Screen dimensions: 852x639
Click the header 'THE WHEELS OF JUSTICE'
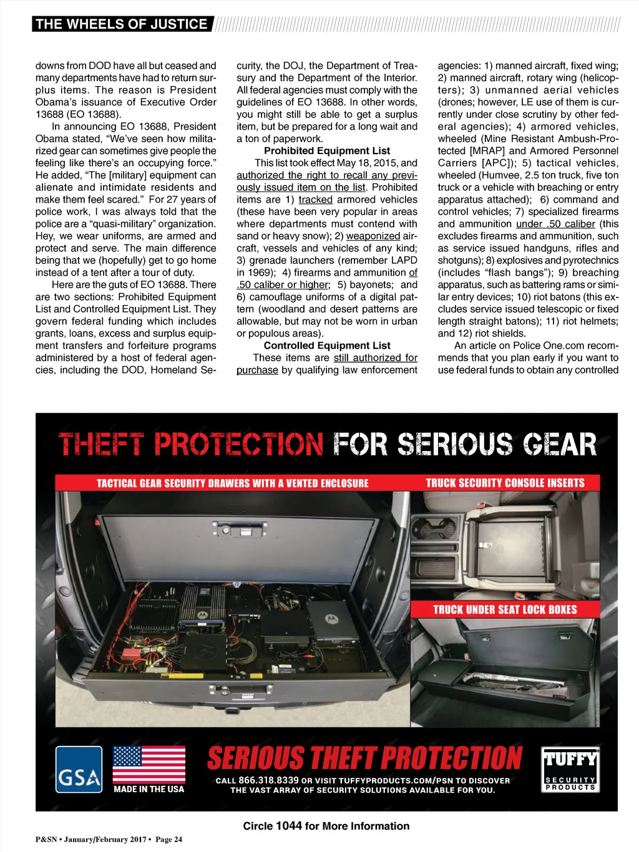coord(121,24)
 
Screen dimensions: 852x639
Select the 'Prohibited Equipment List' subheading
coord(327,151)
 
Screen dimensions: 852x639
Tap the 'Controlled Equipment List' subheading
coord(327,346)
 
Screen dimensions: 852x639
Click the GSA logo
coord(79,770)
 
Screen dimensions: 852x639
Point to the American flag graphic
coord(149,765)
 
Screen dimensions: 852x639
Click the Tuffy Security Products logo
coord(570,770)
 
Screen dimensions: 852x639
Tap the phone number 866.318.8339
coord(268,780)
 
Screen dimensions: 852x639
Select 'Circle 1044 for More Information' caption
coord(326,826)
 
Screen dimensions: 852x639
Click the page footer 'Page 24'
coord(168,840)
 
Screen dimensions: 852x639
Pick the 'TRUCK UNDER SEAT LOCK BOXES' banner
coord(505,609)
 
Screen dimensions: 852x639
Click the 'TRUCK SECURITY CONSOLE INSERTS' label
coord(505,483)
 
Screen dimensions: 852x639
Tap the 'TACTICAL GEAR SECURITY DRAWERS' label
coord(232,483)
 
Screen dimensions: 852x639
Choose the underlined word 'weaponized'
coord(373,236)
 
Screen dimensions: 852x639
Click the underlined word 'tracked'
coord(315,200)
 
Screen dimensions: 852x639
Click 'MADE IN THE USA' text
coord(149,789)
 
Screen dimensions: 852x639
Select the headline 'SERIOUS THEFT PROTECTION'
coord(364,758)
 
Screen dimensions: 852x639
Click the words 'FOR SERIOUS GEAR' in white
coord(465,445)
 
